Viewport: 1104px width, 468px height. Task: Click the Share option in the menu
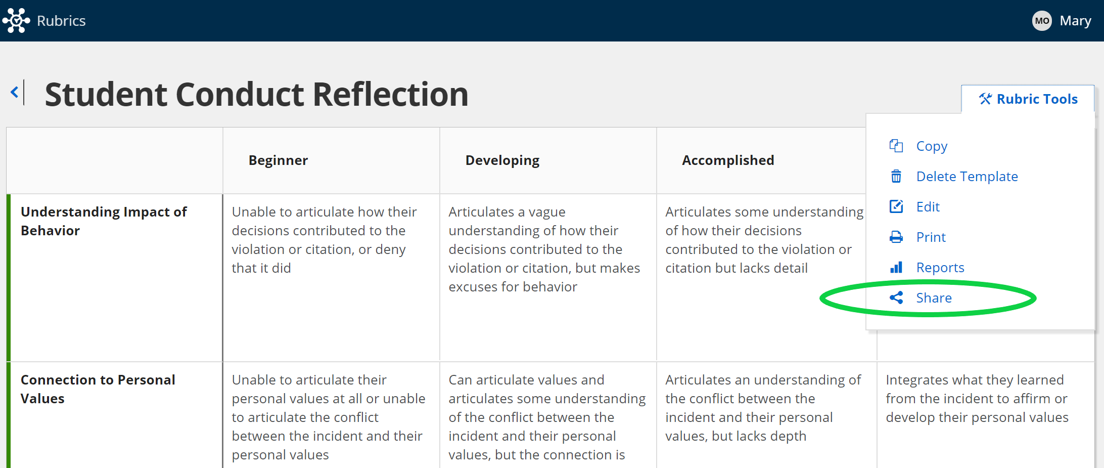[x=933, y=298]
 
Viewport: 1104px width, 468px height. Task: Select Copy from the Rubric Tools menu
[x=931, y=146]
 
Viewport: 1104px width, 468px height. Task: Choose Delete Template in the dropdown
[x=967, y=177]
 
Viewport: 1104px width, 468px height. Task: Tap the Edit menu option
[x=928, y=207]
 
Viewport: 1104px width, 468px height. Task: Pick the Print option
[x=931, y=237]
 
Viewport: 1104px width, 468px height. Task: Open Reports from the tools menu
[x=940, y=268]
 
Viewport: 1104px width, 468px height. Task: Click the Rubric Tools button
[x=1028, y=99]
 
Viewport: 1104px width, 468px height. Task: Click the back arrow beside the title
[x=15, y=93]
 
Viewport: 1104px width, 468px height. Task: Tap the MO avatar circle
[x=1042, y=21]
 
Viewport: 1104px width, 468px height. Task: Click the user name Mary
[x=1075, y=21]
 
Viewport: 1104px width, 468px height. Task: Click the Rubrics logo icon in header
[x=16, y=21]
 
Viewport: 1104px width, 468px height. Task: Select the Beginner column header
[x=278, y=160]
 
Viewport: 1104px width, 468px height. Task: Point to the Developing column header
[x=502, y=160]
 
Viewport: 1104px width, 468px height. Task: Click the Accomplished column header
[x=727, y=160]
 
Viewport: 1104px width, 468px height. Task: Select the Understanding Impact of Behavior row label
[x=104, y=221]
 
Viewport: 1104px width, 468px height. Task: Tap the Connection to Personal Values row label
[x=98, y=389]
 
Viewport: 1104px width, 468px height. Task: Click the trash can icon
[x=896, y=177]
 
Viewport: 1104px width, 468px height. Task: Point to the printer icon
[x=896, y=237]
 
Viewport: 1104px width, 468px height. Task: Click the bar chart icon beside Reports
[x=896, y=268]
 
